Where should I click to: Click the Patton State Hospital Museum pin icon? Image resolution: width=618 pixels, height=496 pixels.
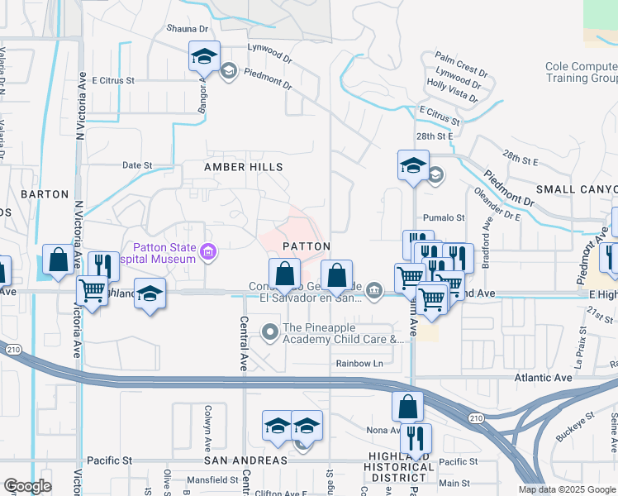pos(208,251)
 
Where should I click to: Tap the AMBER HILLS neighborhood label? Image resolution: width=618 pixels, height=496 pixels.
pos(244,167)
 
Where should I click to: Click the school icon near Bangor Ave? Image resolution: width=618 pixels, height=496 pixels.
pos(204,56)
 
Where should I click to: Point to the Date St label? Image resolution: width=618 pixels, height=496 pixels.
pos(137,165)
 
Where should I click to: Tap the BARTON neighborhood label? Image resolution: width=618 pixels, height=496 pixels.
pos(45,194)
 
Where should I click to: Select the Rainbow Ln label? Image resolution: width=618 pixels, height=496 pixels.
pos(360,364)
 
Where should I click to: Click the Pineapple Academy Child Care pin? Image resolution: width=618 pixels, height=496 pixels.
pos(270,333)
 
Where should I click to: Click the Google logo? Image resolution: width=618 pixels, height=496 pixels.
pos(27,486)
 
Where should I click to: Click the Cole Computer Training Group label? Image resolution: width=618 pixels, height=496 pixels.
pos(581,73)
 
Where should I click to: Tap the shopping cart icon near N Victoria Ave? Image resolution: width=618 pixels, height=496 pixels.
pos(92,290)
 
